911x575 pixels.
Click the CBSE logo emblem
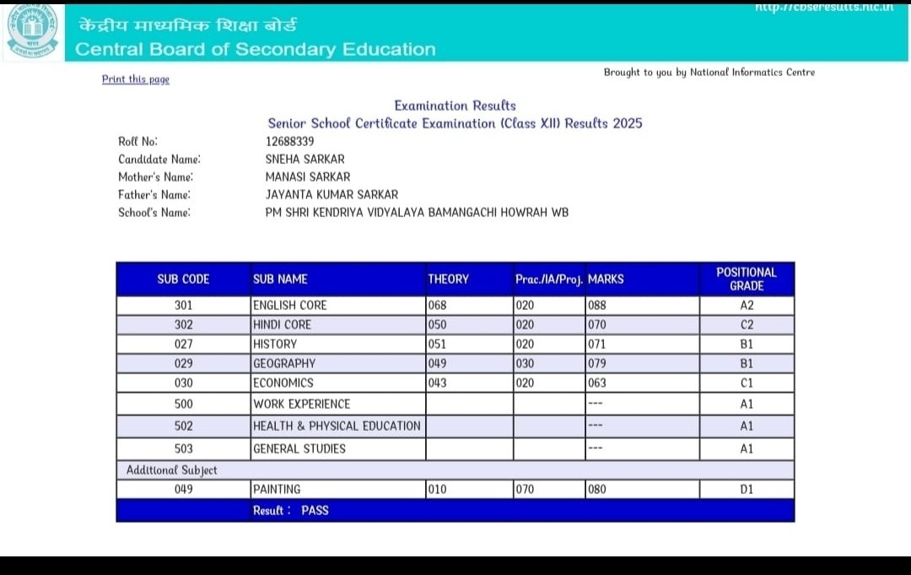click(33, 30)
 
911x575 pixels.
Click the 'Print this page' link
click(136, 79)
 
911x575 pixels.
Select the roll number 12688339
click(289, 141)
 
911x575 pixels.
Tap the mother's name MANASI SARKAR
click(308, 176)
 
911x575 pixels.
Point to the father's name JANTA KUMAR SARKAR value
click(332, 194)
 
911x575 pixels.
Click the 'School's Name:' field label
click(154, 212)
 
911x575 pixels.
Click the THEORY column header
click(448, 279)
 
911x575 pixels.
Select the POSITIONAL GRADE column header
click(746, 279)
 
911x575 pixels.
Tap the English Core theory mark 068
click(437, 306)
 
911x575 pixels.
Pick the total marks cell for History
click(596, 344)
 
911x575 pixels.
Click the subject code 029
click(183, 363)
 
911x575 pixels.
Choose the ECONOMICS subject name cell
click(283, 382)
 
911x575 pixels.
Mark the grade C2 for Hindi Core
click(747, 324)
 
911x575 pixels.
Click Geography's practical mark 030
click(525, 363)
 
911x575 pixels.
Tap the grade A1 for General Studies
click(747, 448)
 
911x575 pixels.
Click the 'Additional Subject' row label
click(171, 470)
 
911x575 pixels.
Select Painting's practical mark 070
click(525, 489)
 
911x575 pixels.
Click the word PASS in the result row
click(315, 510)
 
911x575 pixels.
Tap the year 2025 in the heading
click(628, 123)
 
